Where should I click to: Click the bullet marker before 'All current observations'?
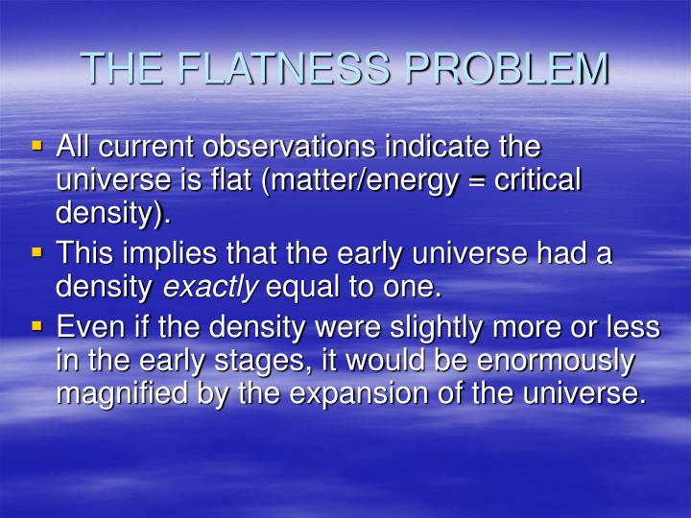38,147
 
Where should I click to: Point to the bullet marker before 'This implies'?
38,252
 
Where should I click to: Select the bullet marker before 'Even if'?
38,326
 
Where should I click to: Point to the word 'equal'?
298,287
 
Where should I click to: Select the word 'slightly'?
450,329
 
